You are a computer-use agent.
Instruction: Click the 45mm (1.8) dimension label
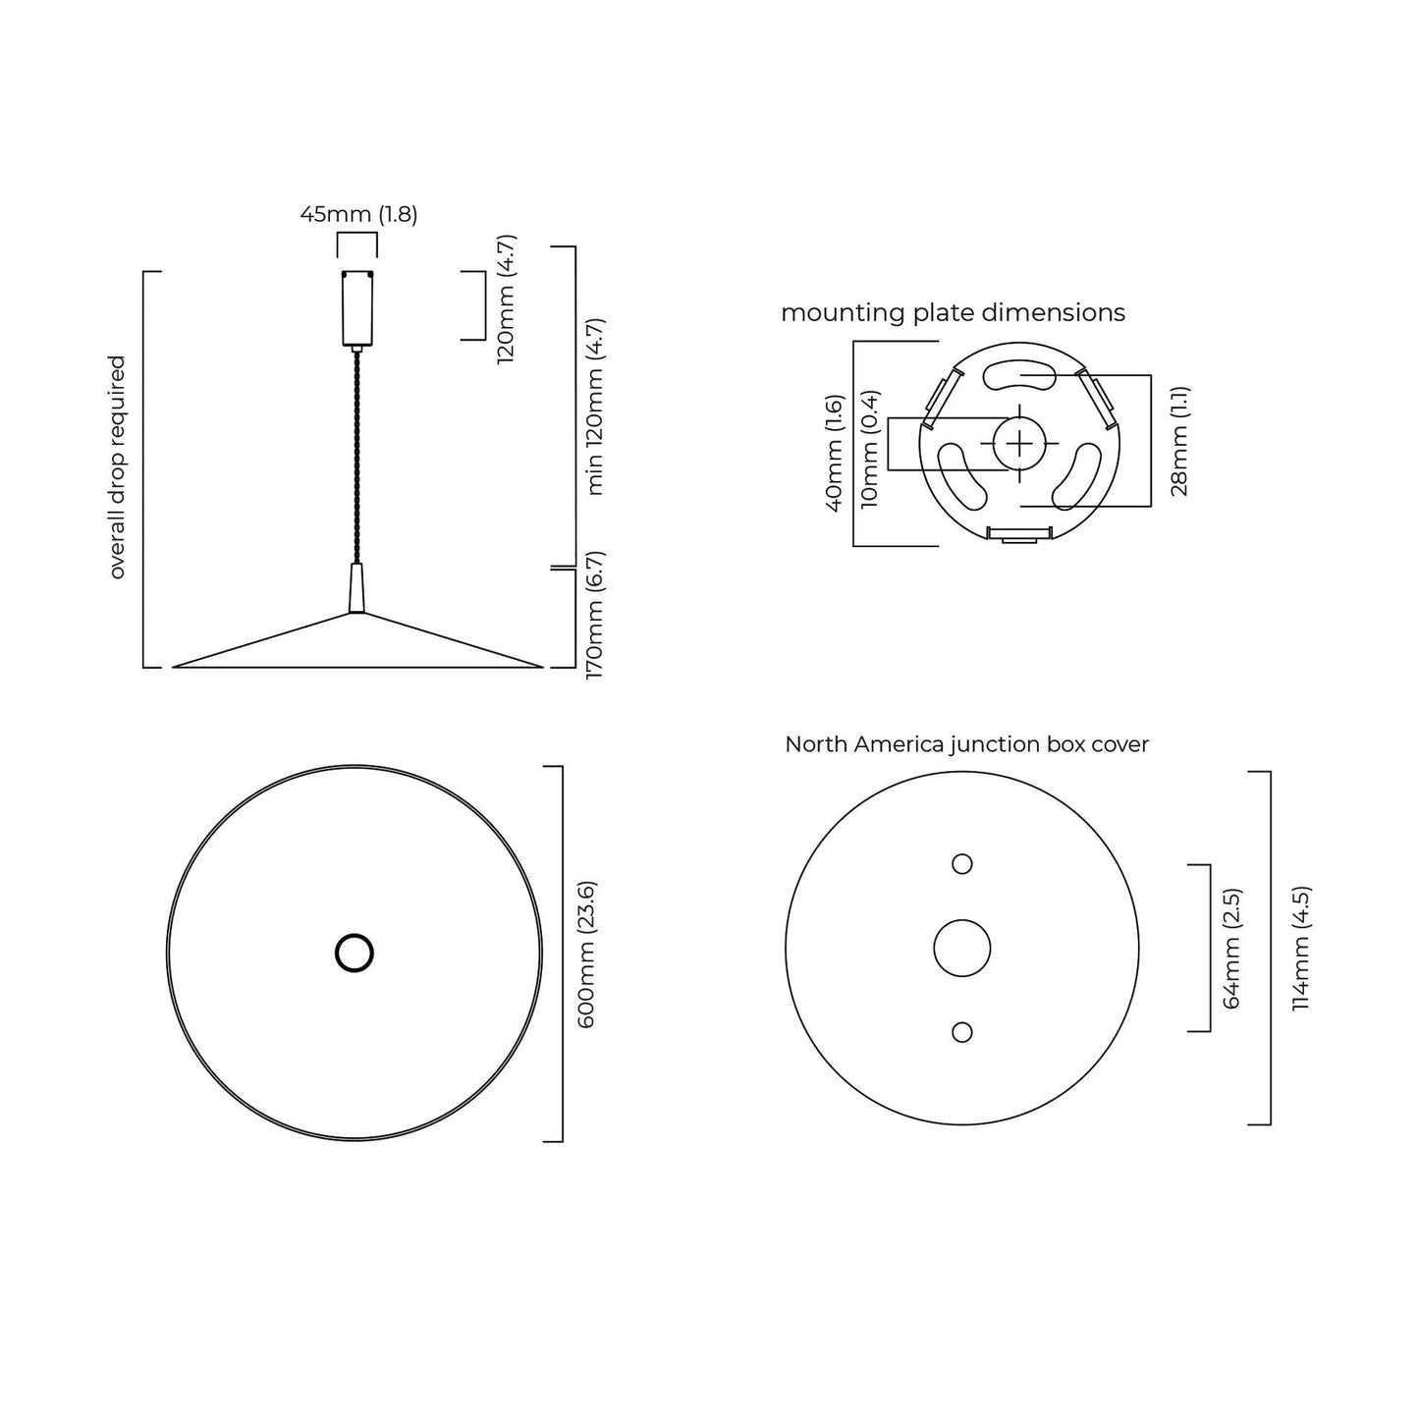click(x=358, y=215)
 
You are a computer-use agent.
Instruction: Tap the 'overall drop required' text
click(x=117, y=467)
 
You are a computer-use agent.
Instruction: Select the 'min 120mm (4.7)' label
click(x=595, y=407)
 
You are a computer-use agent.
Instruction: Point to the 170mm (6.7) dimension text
click(x=595, y=616)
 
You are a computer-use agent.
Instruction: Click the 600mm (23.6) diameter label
click(x=586, y=955)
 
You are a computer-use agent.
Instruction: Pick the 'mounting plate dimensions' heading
click(x=953, y=313)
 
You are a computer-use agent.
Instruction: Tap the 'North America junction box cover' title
click(x=966, y=744)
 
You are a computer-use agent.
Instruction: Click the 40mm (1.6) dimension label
click(x=834, y=454)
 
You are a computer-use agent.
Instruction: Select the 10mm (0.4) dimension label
click(x=870, y=449)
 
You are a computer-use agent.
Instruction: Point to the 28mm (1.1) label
click(x=1179, y=441)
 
